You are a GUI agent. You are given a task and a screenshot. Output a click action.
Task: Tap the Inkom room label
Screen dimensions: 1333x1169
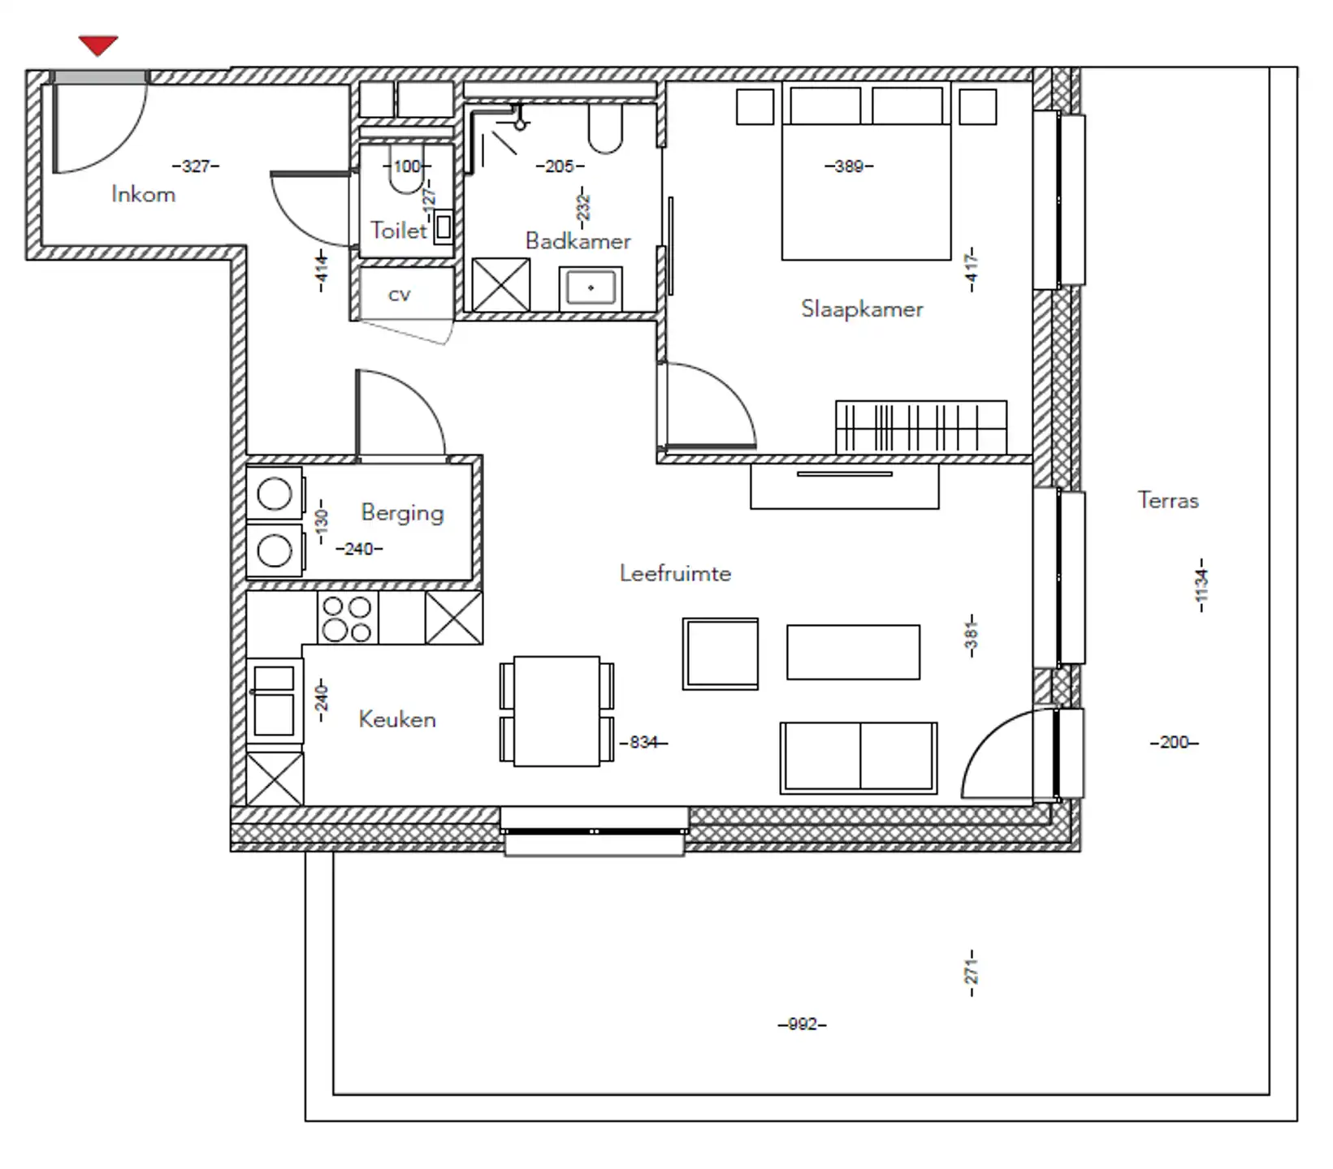coord(143,194)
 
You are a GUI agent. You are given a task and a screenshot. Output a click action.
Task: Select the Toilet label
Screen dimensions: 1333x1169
coord(398,230)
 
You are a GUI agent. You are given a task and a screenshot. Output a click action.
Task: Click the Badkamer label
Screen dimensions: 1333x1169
coord(578,240)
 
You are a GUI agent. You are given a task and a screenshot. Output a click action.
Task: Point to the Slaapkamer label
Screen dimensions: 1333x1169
coord(862,308)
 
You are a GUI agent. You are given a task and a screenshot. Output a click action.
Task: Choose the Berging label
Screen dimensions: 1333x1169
coord(402,513)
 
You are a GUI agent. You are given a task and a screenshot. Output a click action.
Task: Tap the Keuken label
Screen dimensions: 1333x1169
coord(397,719)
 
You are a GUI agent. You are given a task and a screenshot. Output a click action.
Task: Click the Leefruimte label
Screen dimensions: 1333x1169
coord(675,573)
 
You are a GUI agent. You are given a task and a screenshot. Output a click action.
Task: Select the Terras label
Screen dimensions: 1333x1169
coord(1168,500)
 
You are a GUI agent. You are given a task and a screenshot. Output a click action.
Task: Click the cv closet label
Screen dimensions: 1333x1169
coord(399,295)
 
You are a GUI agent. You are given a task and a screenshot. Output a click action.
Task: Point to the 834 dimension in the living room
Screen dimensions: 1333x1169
coord(643,742)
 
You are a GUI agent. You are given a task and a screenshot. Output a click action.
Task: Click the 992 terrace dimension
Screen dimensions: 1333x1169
coord(802,1024)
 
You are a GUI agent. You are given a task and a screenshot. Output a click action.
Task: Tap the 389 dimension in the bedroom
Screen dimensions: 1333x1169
coord(849,166)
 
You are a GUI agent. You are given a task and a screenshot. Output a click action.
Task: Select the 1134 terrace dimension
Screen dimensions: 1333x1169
coord(1201,585)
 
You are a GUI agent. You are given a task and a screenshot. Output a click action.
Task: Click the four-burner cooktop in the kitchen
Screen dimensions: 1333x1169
coord(348,619)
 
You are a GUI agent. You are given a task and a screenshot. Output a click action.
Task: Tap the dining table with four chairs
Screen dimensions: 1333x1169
coord(557,712)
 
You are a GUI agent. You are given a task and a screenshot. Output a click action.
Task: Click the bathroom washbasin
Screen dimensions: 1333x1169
coord(591,288)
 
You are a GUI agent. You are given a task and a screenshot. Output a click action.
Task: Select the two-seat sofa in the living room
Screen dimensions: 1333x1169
coord(859,757)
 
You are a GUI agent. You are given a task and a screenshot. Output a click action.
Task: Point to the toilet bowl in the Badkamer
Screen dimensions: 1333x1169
coord(605,128)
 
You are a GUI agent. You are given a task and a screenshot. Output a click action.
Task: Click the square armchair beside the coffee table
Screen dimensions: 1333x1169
coord(721,654)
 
